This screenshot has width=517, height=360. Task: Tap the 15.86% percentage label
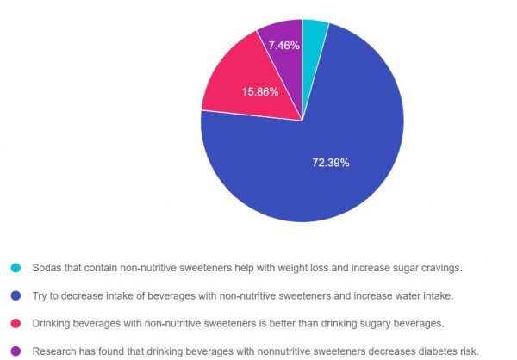(261, 92)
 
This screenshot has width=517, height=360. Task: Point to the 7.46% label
(283, 45)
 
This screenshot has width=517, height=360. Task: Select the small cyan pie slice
(314, 34)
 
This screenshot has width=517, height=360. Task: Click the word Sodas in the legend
(47, 268)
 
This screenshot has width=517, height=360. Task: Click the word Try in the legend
(40, 295)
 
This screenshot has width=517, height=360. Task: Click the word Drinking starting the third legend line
(53, 323)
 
